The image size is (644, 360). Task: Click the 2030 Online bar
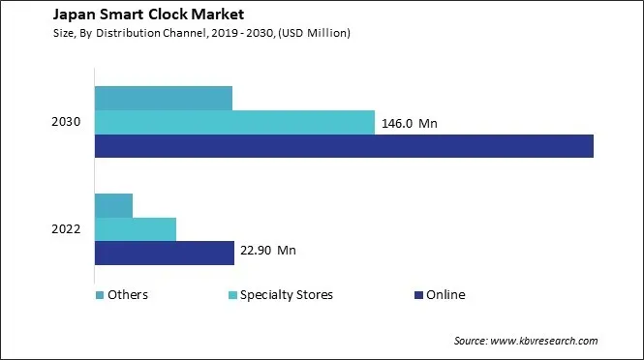pos(344,146)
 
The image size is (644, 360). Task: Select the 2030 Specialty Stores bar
pos(234,122)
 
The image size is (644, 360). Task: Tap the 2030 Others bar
pos(164,98)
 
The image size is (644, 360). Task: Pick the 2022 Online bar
pos(165,253)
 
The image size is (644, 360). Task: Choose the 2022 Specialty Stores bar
pos(136,228)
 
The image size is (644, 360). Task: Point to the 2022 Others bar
pos(113,205)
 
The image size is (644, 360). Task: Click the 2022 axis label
pos(67,229)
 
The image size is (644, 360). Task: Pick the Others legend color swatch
pos(99,295)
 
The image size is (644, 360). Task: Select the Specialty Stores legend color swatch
pos(231,295)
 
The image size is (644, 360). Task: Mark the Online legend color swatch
pos(417,295)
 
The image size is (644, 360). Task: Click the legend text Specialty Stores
pos(287,295)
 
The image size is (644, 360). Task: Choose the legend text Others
pos(128,295)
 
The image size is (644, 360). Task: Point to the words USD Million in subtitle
pos(316,34)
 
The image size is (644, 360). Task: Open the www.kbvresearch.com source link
pos(545,341)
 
